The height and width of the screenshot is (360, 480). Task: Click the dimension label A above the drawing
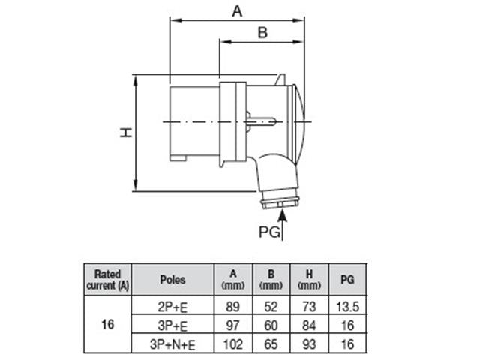coord(238,11)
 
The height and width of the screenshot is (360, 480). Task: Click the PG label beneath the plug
coord(269,232)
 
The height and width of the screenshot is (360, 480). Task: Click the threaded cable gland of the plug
coord(280,202)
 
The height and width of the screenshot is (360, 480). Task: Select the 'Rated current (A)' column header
coord(107,279)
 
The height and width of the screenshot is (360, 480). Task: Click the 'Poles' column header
coord(172,280)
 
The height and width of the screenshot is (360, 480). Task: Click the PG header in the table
coord(347,280)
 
